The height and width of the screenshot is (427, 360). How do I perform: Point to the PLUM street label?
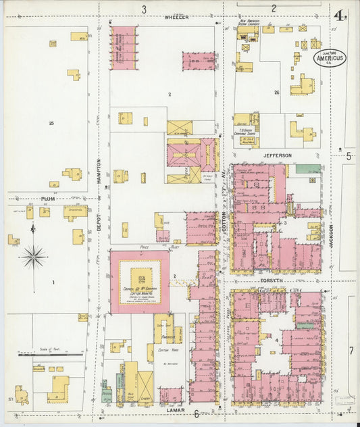47,199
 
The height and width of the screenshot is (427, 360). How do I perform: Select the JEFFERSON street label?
277,155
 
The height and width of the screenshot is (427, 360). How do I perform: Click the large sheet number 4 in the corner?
336,15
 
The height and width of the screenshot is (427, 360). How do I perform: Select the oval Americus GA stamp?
330,58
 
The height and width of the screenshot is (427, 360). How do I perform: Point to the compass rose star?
32,256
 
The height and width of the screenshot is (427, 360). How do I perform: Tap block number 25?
51,123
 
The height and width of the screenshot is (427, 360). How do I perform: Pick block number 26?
277,92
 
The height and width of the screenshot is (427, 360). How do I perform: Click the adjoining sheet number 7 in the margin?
351,350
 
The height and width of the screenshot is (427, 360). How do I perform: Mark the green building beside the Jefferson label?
308,168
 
